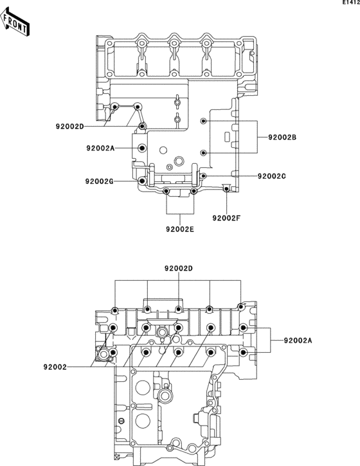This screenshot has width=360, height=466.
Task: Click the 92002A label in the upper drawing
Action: click(101, 148)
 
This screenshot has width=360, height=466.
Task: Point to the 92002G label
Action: click(99, 181)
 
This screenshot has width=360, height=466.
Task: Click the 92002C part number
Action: click(271, 175)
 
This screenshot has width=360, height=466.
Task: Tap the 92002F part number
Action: click(226, 217)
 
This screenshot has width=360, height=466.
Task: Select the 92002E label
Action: click(180, 228)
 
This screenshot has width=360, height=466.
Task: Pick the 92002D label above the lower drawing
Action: click(178, 267)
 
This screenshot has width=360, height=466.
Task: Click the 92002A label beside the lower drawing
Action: click(297, 340)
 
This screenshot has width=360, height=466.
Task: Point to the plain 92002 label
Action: click(55, 367)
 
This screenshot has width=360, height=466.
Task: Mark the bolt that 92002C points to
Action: click(204, 175)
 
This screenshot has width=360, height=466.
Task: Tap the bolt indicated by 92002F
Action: click(224, 187)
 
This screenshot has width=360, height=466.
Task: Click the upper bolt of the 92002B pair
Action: click(203, 121)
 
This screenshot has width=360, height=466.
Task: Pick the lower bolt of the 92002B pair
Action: click(203, 152)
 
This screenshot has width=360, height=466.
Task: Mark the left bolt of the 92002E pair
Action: click(166, 192)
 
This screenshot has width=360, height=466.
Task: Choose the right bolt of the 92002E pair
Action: click(194, 192)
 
